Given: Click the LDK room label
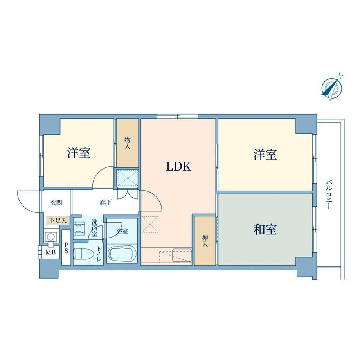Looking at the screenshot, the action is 178,166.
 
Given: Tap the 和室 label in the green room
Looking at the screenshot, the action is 265,229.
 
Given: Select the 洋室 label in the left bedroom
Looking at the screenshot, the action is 79,153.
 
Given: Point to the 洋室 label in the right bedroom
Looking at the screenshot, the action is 265,154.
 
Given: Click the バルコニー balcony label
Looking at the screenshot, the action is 329,195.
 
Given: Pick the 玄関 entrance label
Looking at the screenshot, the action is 56,203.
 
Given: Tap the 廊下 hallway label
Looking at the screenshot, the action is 106,202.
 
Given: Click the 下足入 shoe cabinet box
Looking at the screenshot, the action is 58,221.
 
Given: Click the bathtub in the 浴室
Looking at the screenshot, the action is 122,254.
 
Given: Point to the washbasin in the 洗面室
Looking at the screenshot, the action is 79,229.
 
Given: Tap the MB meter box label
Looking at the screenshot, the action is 50,252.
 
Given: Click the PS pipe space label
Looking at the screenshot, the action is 66,248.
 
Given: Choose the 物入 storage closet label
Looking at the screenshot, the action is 128,143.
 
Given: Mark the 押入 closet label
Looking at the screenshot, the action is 205,241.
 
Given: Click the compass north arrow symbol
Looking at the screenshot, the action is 332,88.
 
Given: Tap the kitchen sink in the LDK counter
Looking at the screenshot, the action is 182,254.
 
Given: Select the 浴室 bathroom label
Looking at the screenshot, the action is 122,231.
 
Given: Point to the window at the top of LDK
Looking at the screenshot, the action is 178,116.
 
